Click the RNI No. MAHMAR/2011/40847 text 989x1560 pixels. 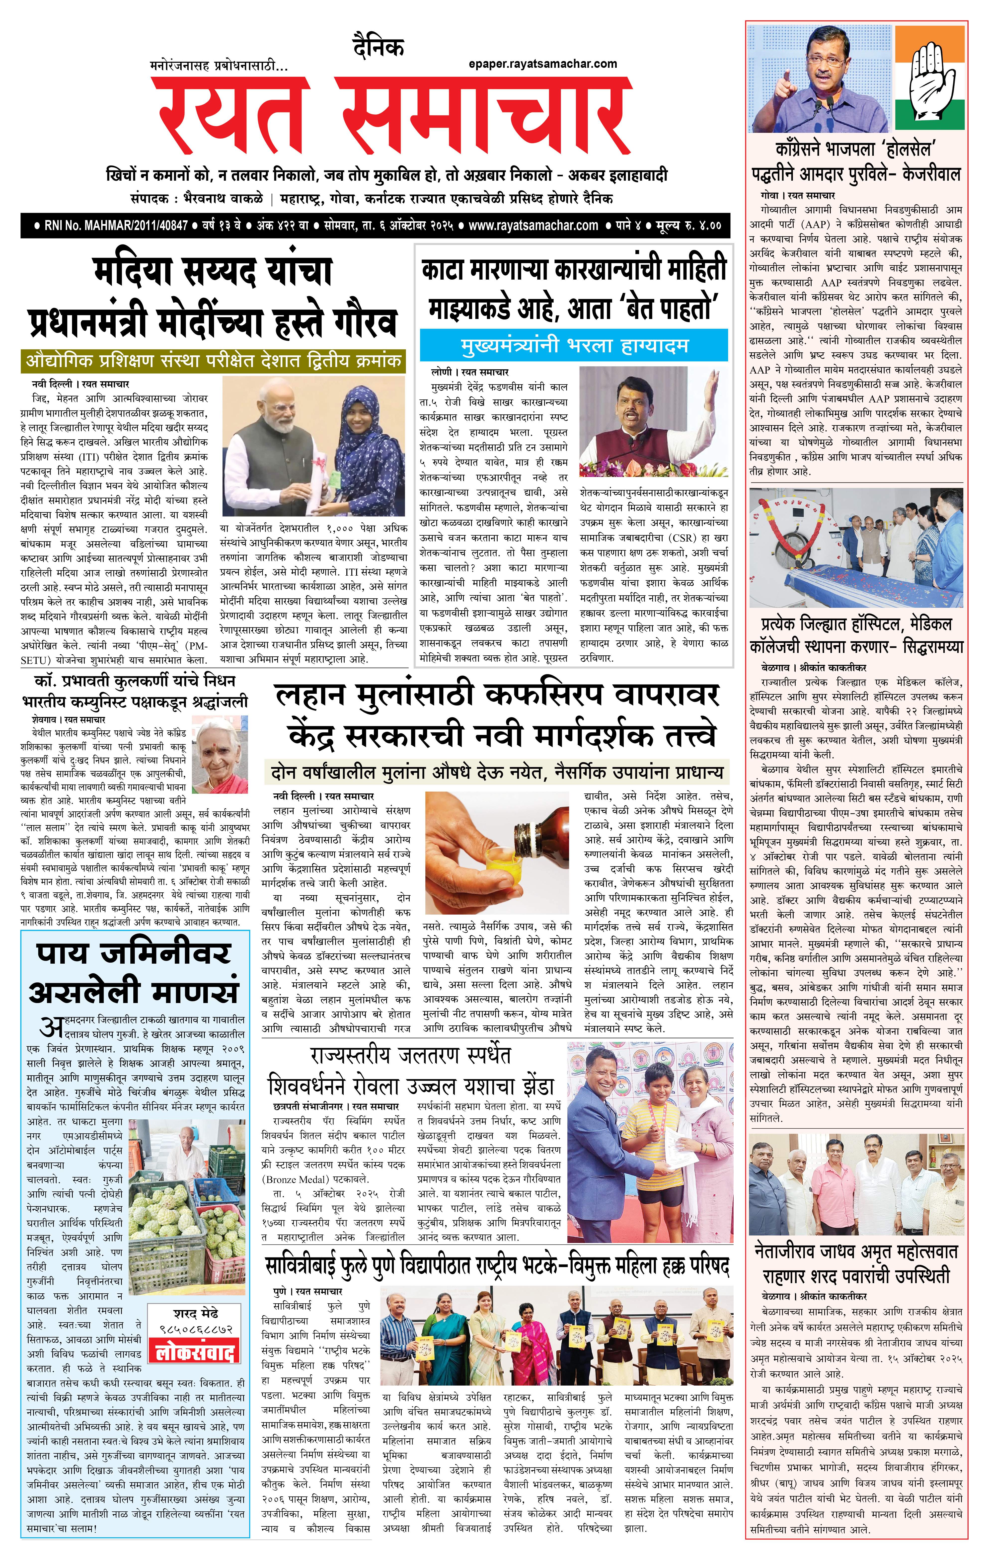pos(115,226)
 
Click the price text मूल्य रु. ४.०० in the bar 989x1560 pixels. pos(688,226)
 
